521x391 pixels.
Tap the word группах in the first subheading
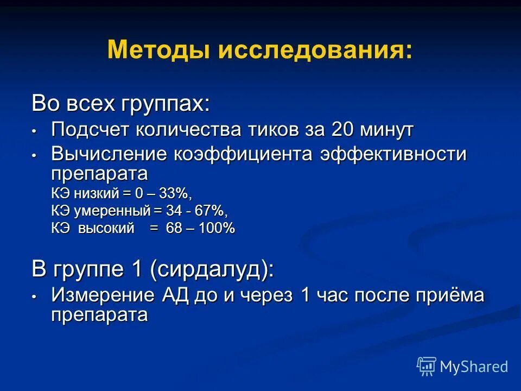[x=163, y=103]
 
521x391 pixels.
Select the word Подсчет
[x=90, y=130]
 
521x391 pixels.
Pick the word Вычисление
[x=109, y=154]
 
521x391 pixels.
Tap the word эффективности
[x=392, y=154]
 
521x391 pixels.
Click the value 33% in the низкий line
[x=175, y=193]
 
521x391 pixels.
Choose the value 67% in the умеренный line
[x=210, y=211]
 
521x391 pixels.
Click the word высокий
[x=106, y=229]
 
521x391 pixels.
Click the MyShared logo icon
[x=427, y=365]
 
